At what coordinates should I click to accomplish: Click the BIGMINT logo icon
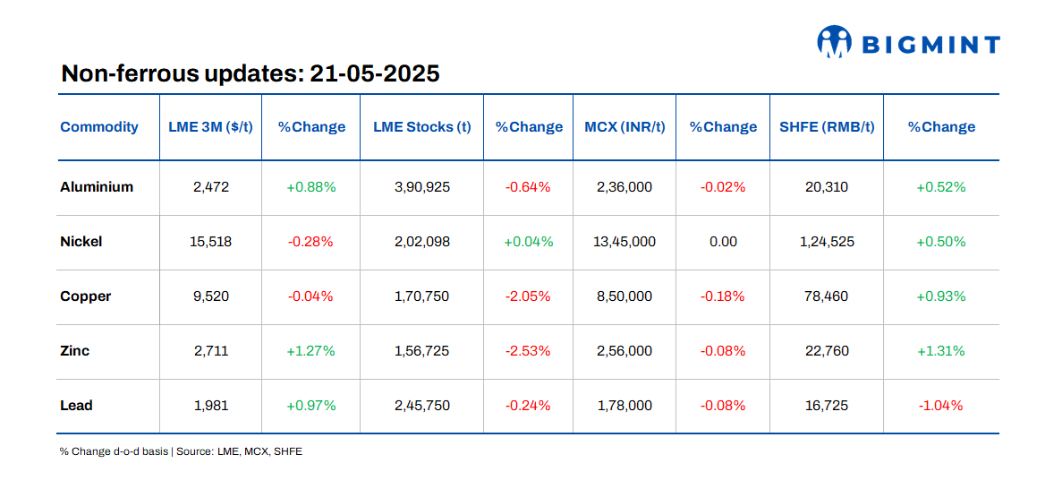click(833, 41)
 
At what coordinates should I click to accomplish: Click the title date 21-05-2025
click(375, 73)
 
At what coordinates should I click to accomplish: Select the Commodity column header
click(99, 127)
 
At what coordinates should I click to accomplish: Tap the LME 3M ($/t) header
click(210, 127)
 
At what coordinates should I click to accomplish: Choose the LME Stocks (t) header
click(422, 127)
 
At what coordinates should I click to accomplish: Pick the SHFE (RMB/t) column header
click(826, 127)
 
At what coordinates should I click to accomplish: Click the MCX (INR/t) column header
click(624, 127)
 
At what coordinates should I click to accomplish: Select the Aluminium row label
click(97, 187)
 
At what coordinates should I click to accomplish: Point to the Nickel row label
click(81, 242)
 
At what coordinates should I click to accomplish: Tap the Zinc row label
click(75, 351)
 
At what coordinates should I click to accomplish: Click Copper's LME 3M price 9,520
click(211, 296)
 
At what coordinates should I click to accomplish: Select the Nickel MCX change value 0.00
click(723, 242)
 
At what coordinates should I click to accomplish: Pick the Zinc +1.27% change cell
click(310, 351)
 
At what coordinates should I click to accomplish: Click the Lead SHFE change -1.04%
click(940, 406)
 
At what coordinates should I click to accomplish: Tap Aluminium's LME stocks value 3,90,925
click(422, 187)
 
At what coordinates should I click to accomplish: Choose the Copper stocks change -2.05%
click(528, 296)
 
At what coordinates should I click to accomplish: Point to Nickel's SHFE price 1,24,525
click(827, 242)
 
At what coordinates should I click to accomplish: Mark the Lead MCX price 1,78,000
click(624, 406)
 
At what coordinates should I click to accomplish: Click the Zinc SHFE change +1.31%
click(940, 351)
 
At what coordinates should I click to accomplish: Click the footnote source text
click(181, 451)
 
